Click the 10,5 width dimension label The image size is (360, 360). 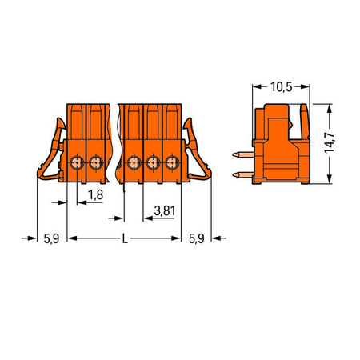tap(282, 87)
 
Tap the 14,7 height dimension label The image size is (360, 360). tap(330, 143)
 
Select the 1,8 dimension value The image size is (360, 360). tap(96, 195)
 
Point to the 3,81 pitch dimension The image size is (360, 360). tap(165, 210)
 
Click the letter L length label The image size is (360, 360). tap(125, 238)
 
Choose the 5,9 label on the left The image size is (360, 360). tap(51, 238)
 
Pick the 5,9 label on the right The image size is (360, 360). tap(197, 238)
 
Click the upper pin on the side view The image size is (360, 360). tap(243, 154)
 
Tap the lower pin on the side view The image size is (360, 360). tap(243, 175)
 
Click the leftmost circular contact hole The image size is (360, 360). tap(77, 162)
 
